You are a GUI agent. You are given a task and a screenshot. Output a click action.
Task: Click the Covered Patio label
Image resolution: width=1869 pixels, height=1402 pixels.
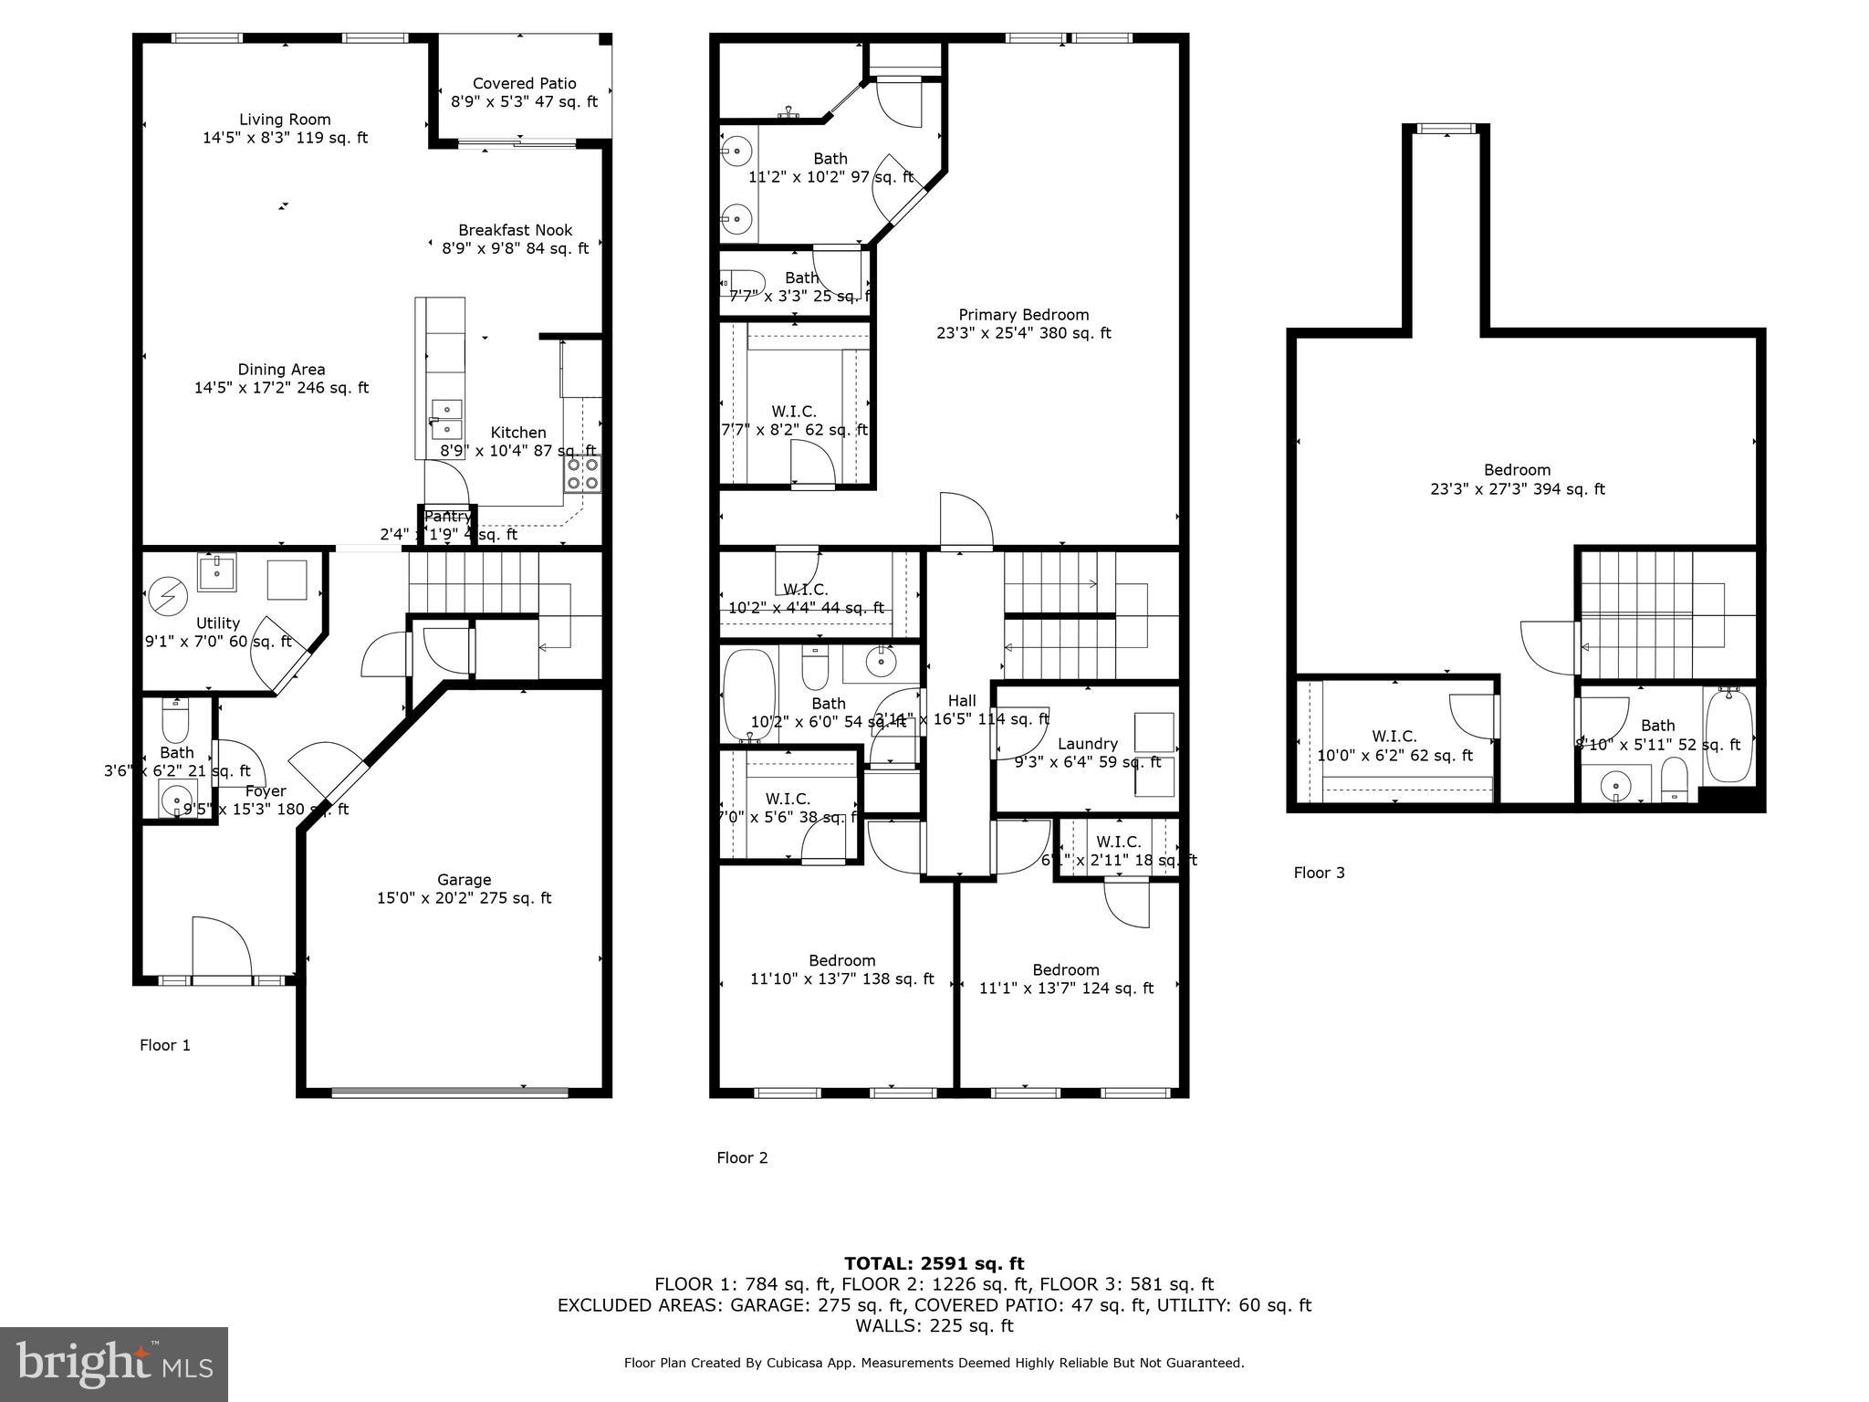[524, 84]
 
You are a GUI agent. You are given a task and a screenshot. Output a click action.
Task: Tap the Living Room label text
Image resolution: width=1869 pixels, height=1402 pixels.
[285, 120]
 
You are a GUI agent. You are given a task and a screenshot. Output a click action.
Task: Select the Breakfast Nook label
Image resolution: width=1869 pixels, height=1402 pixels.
[516, 231]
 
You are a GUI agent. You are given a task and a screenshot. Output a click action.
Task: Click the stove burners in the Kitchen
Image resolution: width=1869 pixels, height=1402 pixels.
[583, 474]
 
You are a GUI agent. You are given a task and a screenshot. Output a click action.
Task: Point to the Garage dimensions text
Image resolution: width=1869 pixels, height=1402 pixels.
[464, 898]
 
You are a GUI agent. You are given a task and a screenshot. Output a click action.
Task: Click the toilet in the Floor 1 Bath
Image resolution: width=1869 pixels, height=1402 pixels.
[175, 723]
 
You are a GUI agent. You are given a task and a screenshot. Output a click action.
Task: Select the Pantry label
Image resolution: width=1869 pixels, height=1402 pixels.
[447, 517]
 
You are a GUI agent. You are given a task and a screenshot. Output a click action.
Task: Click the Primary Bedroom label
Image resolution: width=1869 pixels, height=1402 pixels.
[1023, 315]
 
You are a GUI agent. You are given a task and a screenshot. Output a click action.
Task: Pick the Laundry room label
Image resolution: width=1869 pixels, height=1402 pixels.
[1087, 744]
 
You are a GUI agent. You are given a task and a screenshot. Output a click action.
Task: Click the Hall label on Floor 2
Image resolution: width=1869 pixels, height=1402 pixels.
[961, 701]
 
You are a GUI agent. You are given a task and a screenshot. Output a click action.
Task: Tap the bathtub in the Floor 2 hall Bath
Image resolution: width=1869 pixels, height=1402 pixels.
[747, 694]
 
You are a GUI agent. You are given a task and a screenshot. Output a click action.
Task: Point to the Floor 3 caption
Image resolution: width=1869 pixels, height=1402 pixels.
[1319, 873]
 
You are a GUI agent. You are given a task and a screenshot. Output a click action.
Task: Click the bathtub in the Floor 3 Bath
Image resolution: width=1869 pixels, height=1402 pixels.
[1728, 736]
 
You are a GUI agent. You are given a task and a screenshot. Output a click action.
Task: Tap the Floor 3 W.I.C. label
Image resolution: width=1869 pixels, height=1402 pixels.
[1394, 737]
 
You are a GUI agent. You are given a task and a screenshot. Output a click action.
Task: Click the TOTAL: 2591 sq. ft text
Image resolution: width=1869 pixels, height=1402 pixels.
[934, 1264]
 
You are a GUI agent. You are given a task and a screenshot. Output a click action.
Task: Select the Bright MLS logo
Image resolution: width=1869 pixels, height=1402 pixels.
[114, 1364]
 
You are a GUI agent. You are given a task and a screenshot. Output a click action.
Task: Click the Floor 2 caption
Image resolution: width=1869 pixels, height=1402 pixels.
[742, 1158]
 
